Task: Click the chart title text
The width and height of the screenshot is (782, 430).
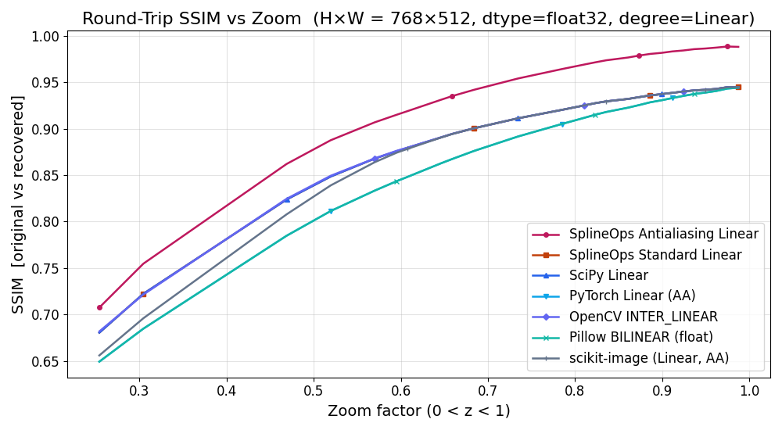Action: [x=418, y=19]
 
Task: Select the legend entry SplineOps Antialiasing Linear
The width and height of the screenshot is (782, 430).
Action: [x=663, y=234]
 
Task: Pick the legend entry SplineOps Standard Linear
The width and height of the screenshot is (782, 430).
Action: [x=655, y=255]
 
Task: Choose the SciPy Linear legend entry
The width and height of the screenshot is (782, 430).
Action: [x=608, y=275]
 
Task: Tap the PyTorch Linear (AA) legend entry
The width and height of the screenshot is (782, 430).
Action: [x=632, y=296]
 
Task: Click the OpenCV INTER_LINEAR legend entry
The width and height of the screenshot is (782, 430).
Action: [x=644, y=317]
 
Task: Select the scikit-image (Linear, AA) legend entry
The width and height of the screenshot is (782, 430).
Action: [x=649, y=358]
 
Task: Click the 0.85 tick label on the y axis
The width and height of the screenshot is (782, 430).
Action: [x=45, y=176]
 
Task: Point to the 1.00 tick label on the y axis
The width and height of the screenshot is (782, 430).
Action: [x=45, y=37]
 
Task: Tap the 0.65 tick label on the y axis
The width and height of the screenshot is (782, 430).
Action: [x=45, y=362]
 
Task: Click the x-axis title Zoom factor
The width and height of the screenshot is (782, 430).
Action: [x=418, y=411]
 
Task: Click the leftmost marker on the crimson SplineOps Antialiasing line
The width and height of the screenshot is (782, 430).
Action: [x=99, y=307]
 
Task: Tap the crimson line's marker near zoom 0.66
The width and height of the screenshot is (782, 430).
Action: [x=452, y=96]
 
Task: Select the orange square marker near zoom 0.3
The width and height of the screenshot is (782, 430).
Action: [x=143, y=294]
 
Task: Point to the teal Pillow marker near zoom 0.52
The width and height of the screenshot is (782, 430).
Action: [x=331, y=211]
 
